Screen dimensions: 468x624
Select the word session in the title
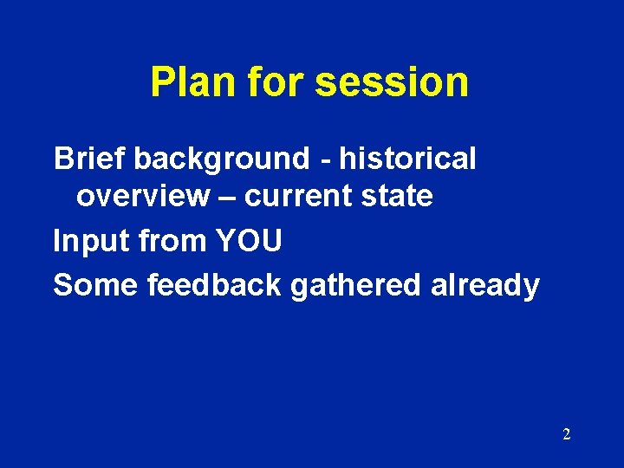pyautogui.click(x=392, y=82)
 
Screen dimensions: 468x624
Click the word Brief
pyautogui.click(x=89, y=159)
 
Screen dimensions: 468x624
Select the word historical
pyautogui.click(x=407, y=159)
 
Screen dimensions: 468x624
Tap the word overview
pyautogui.click(x=142, y=197)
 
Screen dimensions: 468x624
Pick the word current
pyautogui.click(x=294, y=197)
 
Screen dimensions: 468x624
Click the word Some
pyautogui.click(x=96, y=284)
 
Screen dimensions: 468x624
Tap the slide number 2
pyautogui.click(x=566, y=434)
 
